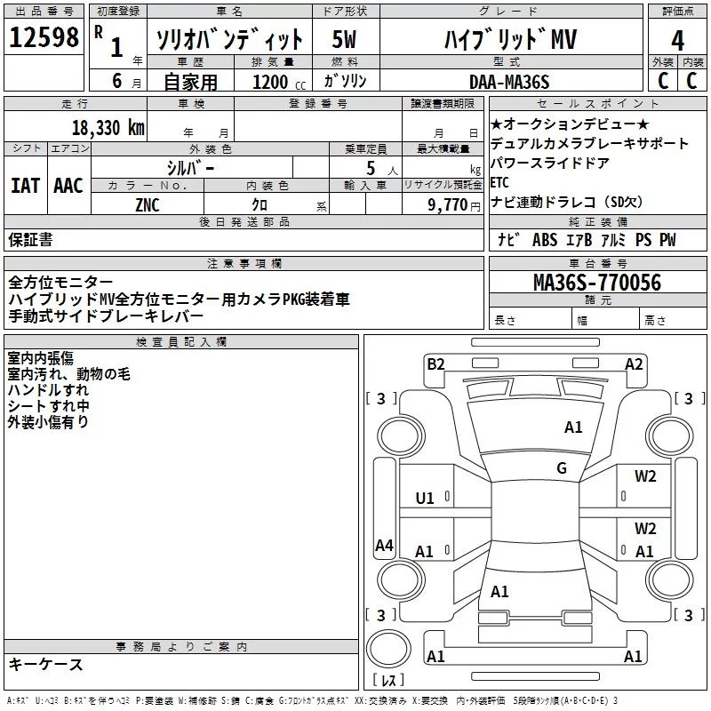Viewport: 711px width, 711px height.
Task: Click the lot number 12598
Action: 44,37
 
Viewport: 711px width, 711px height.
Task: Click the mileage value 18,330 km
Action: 108,126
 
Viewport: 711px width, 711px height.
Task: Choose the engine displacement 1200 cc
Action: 270,82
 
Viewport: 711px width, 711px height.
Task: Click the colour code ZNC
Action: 148,204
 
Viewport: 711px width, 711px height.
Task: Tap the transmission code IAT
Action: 25,185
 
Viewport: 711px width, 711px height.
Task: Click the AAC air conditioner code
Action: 68,185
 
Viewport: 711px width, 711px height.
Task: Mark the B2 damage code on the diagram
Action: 435,363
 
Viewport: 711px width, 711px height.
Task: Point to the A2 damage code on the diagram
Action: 634,363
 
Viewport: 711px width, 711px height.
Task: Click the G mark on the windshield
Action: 562,468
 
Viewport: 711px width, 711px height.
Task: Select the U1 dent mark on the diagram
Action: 425,499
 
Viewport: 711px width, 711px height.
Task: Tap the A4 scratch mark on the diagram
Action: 384,546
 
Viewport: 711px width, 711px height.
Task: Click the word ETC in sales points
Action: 499,182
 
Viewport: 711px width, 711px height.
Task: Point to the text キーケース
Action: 45,664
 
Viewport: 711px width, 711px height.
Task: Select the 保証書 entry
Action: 30,239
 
